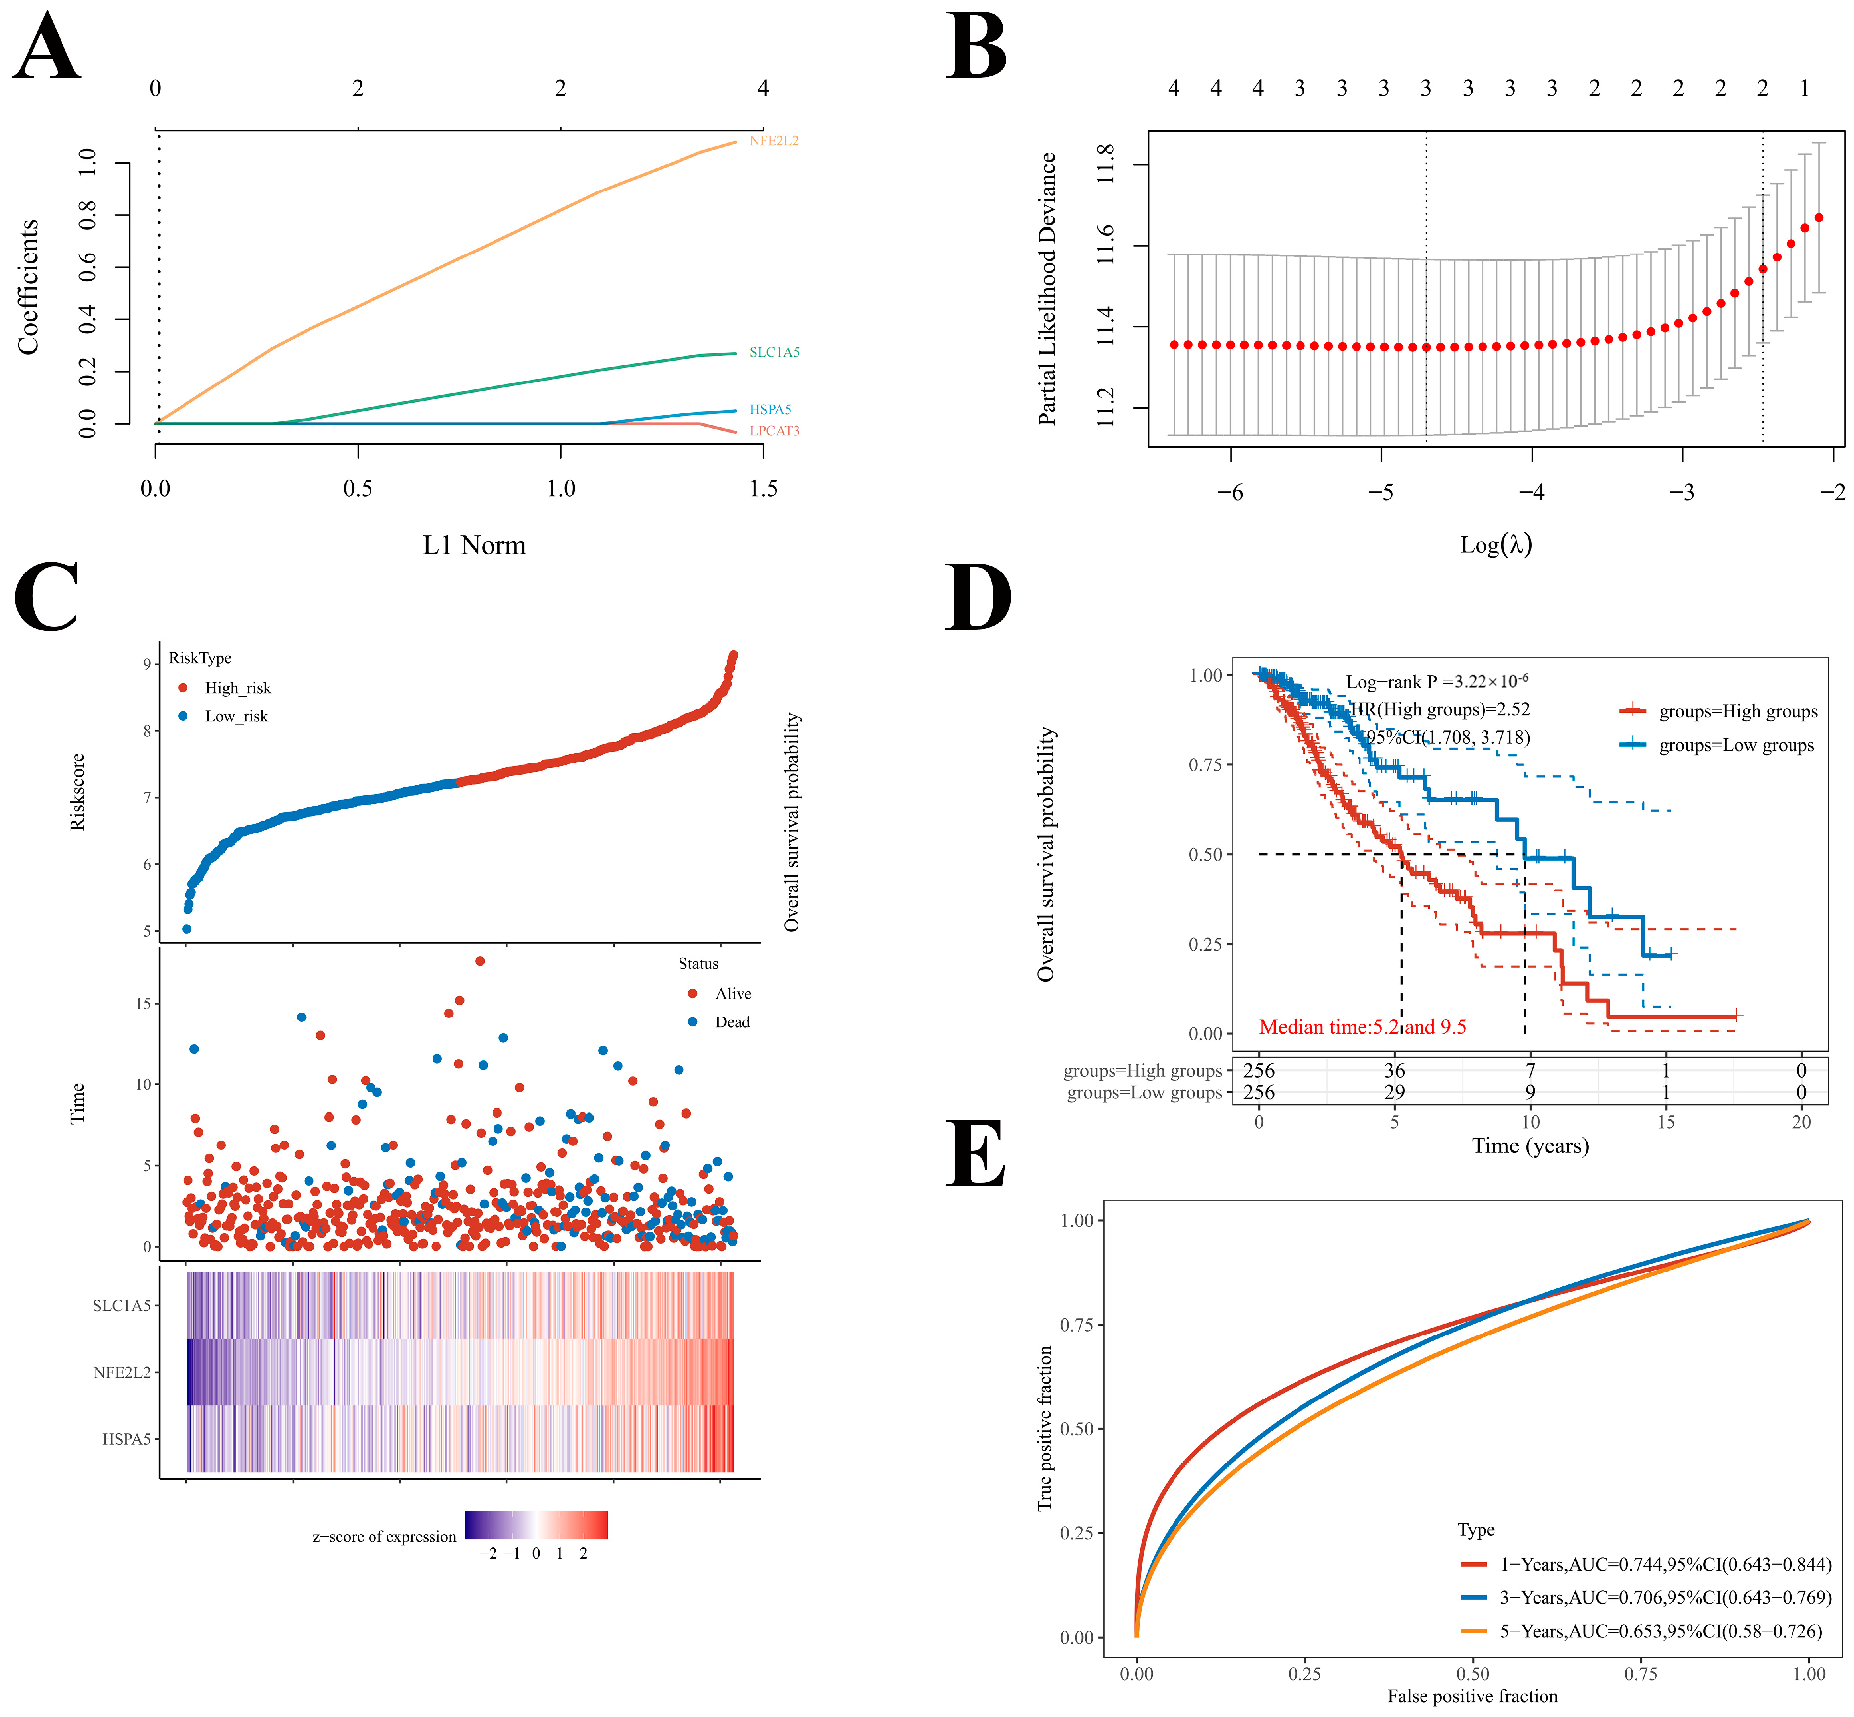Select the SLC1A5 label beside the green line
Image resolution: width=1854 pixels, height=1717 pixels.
pos(774,352)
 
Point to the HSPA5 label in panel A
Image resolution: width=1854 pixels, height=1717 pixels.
pos(770,410)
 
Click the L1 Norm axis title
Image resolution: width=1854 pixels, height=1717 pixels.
pos(474,545)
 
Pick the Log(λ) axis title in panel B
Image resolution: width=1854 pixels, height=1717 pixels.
pos(1495,544)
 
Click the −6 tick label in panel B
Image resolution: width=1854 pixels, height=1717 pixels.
pos(1230,493)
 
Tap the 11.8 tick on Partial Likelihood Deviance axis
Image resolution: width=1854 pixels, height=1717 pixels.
pos(1106,164)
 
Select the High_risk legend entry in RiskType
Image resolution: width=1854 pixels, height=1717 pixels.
pos(237,688)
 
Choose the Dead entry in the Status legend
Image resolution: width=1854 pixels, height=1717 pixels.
pos(731,1022)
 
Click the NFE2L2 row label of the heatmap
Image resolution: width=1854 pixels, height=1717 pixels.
pos(122,1372)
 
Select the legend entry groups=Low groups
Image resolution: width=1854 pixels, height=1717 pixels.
pos(1735,745)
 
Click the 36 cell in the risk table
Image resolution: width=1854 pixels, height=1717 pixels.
pos(1394,1071)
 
